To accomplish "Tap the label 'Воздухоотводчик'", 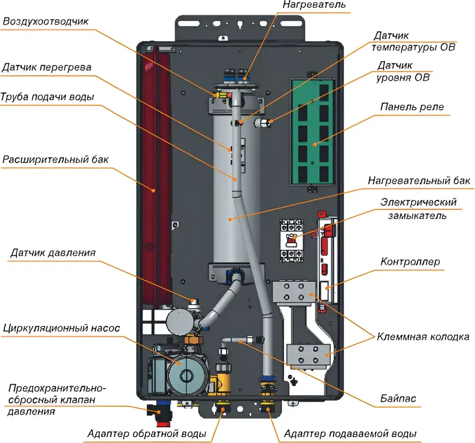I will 46,22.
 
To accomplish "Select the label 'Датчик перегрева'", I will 46,67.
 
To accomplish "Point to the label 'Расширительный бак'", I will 55,159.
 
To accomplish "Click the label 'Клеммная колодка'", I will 423,337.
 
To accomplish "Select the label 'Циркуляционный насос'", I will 61,328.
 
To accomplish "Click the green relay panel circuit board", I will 311,131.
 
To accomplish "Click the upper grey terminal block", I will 291,292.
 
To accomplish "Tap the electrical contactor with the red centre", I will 292,239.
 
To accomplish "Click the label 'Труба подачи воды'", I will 48,97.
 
